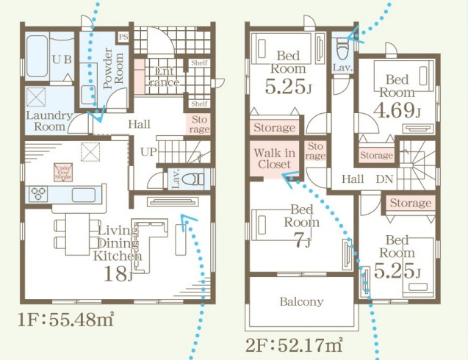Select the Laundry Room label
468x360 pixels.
coord(48,120)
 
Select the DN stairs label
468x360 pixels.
coord(384,178)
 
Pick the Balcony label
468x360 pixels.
coord(301,301)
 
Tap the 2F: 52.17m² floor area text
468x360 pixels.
coord(295,342)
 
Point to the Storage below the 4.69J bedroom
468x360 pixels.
coord(376,156)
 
